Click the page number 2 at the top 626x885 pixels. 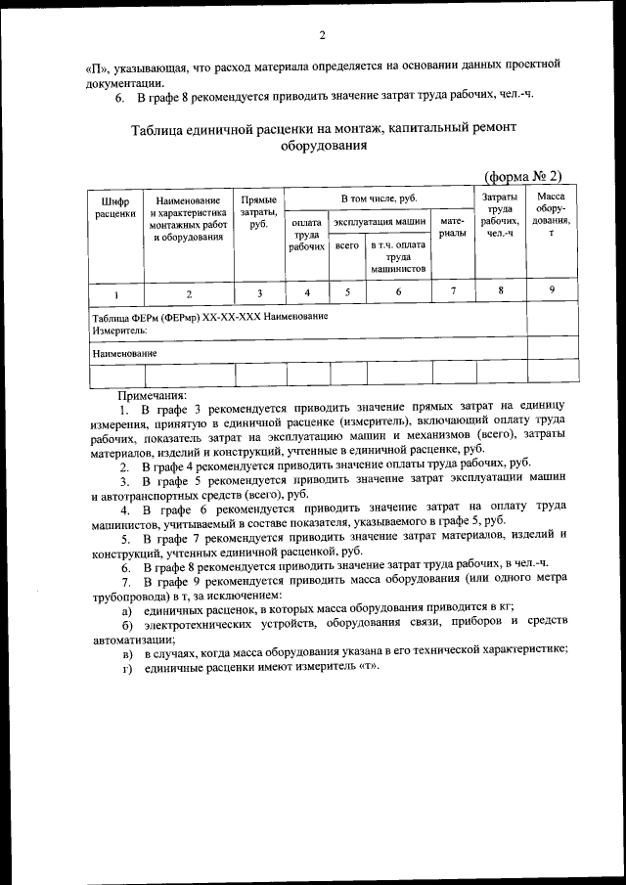(x=321, y=37)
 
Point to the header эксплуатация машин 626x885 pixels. (x=380, y=223)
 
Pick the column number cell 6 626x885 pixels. (x=398, y=291)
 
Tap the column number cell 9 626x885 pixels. (x=551, y=289)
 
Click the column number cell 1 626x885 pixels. (x=115, y=292)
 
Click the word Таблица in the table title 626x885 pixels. (x=159, y=129)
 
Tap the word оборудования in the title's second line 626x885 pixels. (x=323, y=147)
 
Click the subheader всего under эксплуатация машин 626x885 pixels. (x=347, y=247)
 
